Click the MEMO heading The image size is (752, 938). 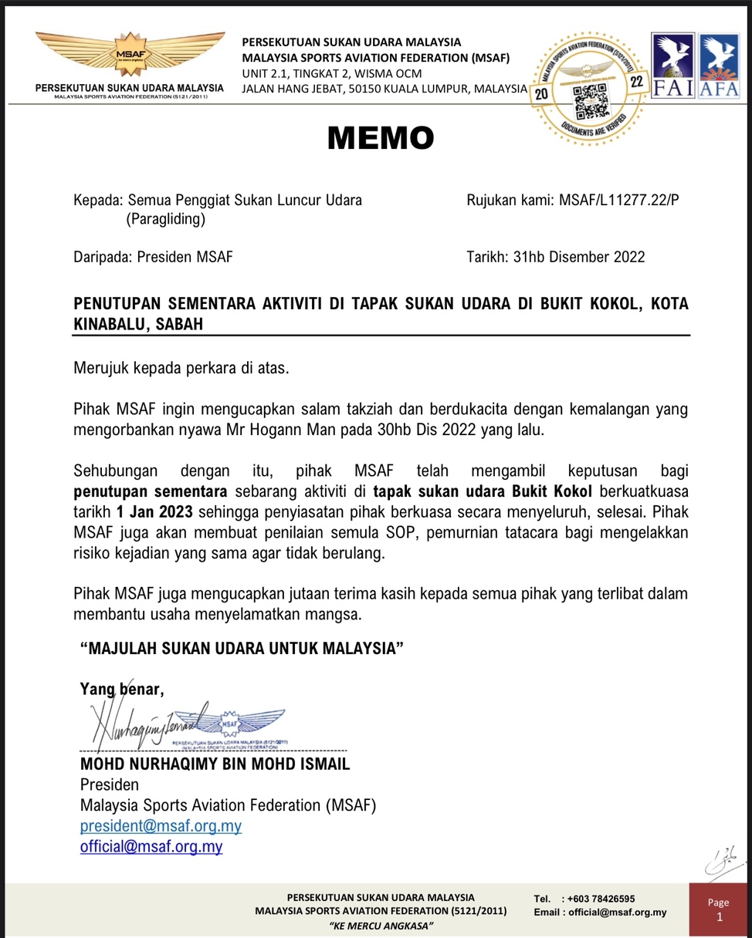tap(381, 138)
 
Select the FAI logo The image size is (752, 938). tap(673, 66)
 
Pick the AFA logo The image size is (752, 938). tap(719, 66)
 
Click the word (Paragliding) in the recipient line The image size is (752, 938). tap(166, 220)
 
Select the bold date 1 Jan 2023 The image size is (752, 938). tap(157, 512)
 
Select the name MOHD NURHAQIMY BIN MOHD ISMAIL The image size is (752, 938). tap(215, 764)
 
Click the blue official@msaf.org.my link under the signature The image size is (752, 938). tap(151, 846)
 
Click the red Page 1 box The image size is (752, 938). tap(718, 909)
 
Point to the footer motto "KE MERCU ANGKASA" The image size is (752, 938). tap(381, 926)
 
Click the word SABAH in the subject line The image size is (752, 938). tap(180, 324)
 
